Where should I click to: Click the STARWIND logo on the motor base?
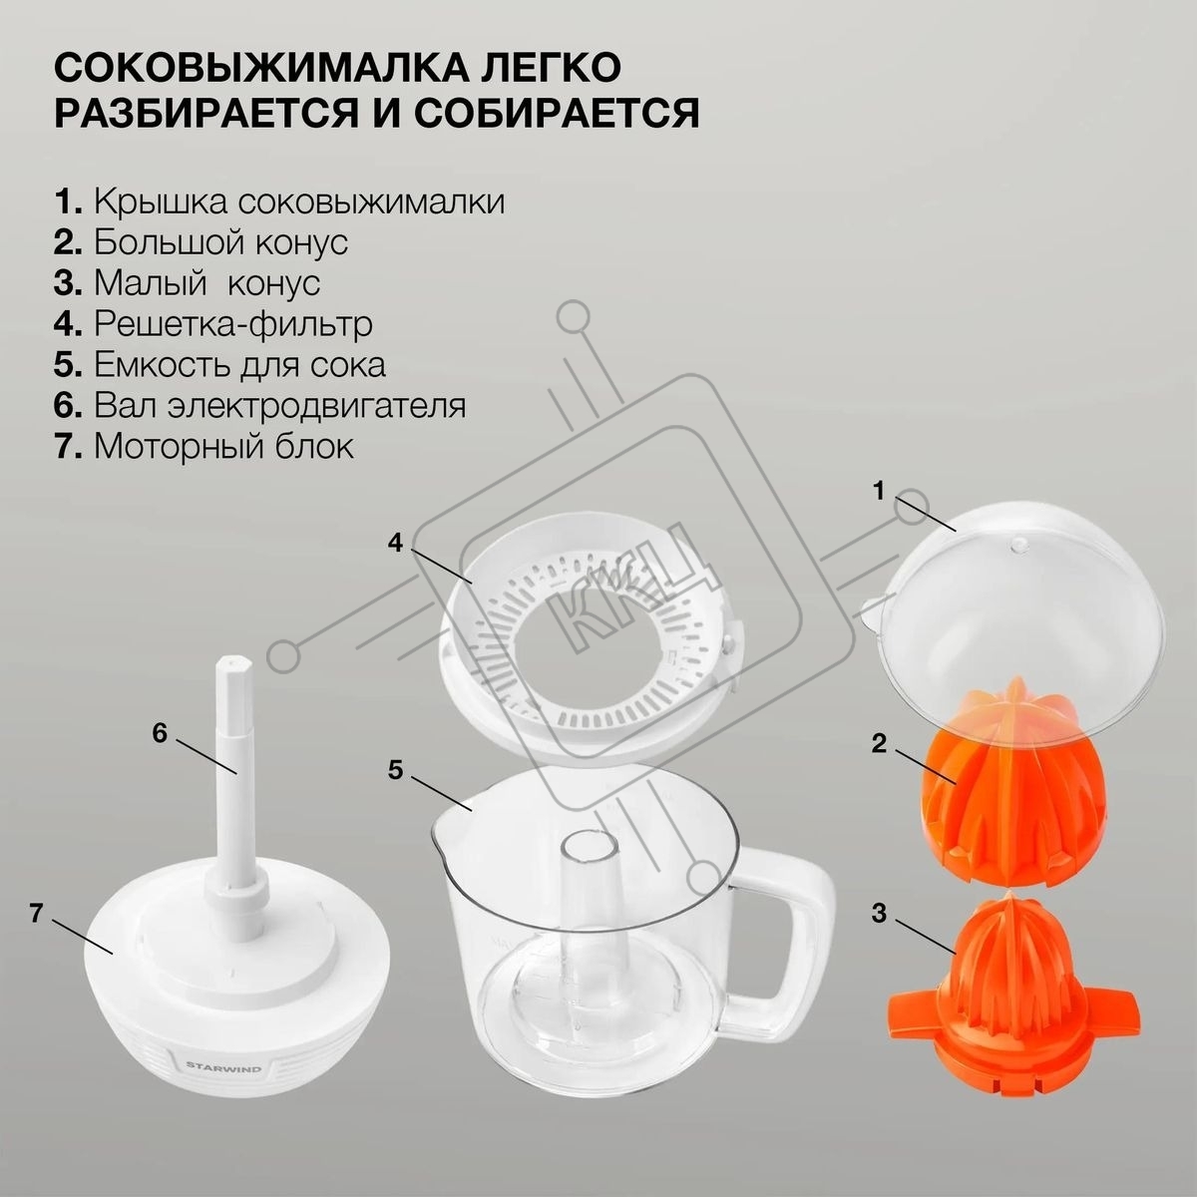click(x=223, y=1066)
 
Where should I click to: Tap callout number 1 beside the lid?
click(x=879, y=492)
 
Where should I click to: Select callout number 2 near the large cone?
click(x=879, y=743)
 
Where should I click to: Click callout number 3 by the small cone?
click(x=879, y=914)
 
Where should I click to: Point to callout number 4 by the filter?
click(x=395, y=545)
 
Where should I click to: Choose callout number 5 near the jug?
click(x=396, y=770)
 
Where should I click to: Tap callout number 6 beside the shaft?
click(x=161, y=733)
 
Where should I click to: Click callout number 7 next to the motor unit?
click(x=37, y=913)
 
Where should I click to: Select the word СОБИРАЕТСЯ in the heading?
click(x=558, y=113)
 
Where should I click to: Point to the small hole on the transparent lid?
click(x=1016, y=545)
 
